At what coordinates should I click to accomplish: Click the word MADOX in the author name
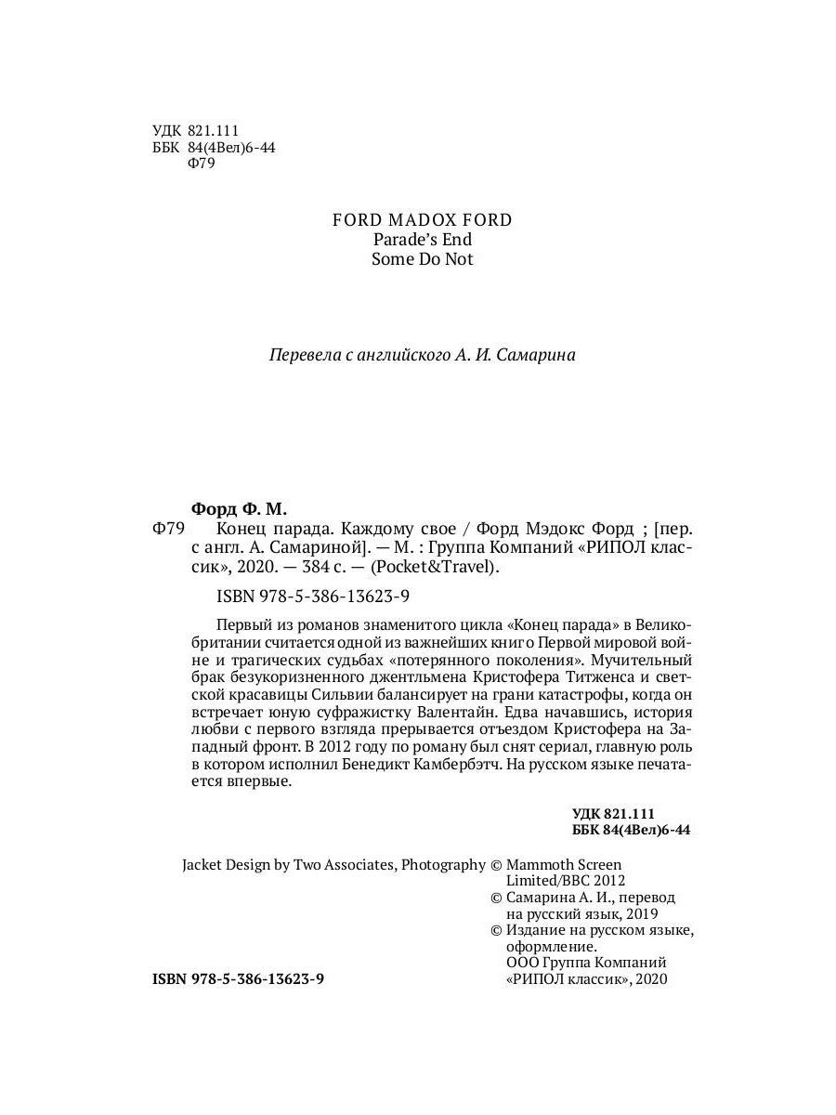point(412,220)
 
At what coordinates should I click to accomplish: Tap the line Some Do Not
point(422,259)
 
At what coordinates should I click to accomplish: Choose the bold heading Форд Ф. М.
point(239,509)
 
